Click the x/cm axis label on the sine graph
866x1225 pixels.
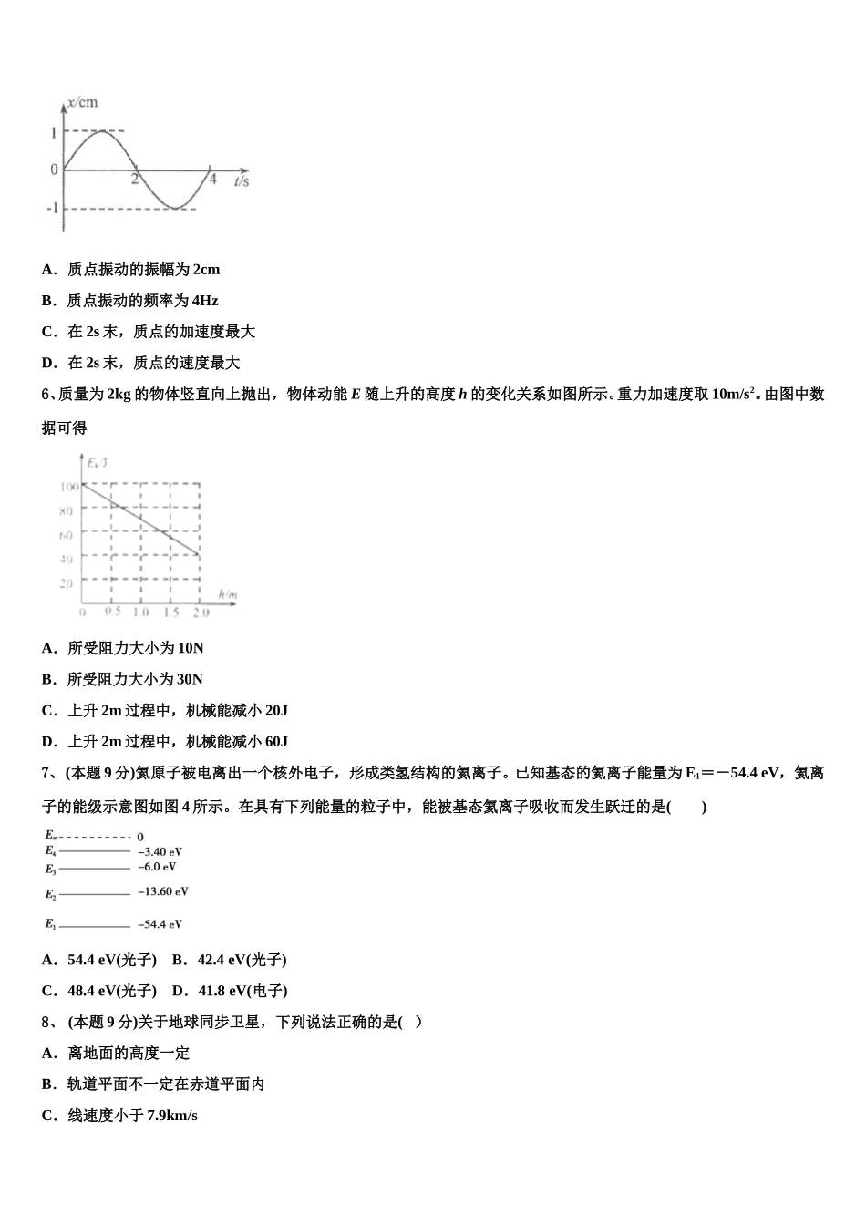click(83, 102)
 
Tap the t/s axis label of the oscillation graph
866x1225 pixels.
click(242, 181)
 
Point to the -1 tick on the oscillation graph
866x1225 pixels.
click(53, 208)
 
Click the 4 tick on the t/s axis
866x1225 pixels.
click(212, 180)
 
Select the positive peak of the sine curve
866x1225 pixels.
click(100, 132)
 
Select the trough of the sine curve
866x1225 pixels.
click(174, 208)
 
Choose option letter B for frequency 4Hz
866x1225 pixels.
click(48, 301)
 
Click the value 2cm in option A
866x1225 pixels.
click(206, 270)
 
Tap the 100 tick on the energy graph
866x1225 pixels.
click(68, 487)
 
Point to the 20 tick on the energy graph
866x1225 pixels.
click(66, 582)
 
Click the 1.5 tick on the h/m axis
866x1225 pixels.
click(170, 612)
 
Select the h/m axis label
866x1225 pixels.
click(227, 595)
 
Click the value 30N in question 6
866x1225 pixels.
click(191, 679)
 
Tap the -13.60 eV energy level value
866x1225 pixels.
click(163, 891)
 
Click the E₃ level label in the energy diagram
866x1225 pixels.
click(51, 870)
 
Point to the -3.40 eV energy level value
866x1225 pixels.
click(160, 852)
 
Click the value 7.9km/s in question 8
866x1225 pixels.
click(172, 1116)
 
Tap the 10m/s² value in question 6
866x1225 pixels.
click(733, 395)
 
